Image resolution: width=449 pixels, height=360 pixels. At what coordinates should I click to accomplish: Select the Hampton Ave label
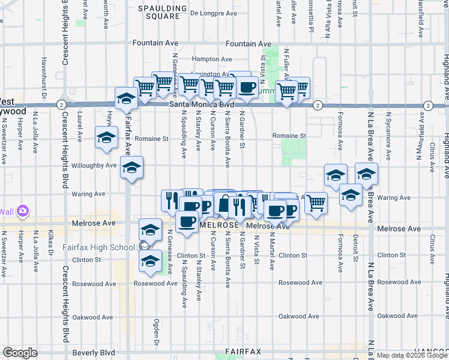[212, 59]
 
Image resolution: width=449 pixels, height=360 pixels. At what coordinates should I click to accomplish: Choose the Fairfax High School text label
[98, 247]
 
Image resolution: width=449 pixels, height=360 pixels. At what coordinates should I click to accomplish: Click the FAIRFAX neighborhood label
[243, 351]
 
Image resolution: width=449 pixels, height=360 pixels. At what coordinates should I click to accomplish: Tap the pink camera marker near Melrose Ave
[23, 211]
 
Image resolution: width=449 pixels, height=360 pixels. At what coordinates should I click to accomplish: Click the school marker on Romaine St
[106, 137]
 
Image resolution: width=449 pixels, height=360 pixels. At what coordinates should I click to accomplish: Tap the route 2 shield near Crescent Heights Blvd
[62, 104]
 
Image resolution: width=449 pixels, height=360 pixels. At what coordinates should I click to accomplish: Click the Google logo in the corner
[20, 353]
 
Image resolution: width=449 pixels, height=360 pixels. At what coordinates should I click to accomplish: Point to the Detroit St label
[355, 254]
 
